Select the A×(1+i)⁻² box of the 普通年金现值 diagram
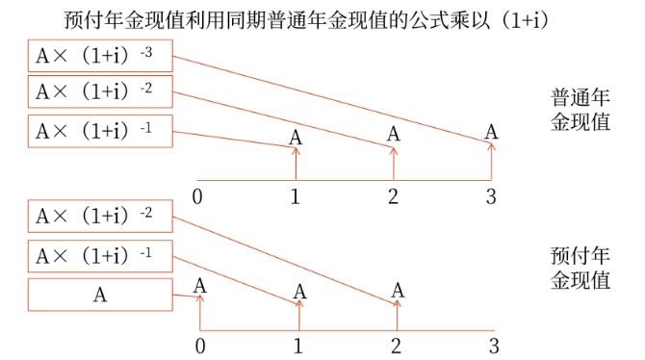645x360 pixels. point(100,92)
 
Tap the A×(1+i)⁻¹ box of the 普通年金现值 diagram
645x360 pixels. point(100,130)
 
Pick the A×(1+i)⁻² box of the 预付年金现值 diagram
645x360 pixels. point(100,219)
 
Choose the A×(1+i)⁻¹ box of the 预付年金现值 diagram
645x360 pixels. point(100,256)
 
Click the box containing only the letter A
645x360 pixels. point(100,295)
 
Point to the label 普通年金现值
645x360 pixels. point(580,112)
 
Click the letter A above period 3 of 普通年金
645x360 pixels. point(492,130)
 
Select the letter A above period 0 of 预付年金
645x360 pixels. point(199,285)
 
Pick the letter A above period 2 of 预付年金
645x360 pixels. point(398,290)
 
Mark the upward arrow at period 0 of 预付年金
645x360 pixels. point(199,313)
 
